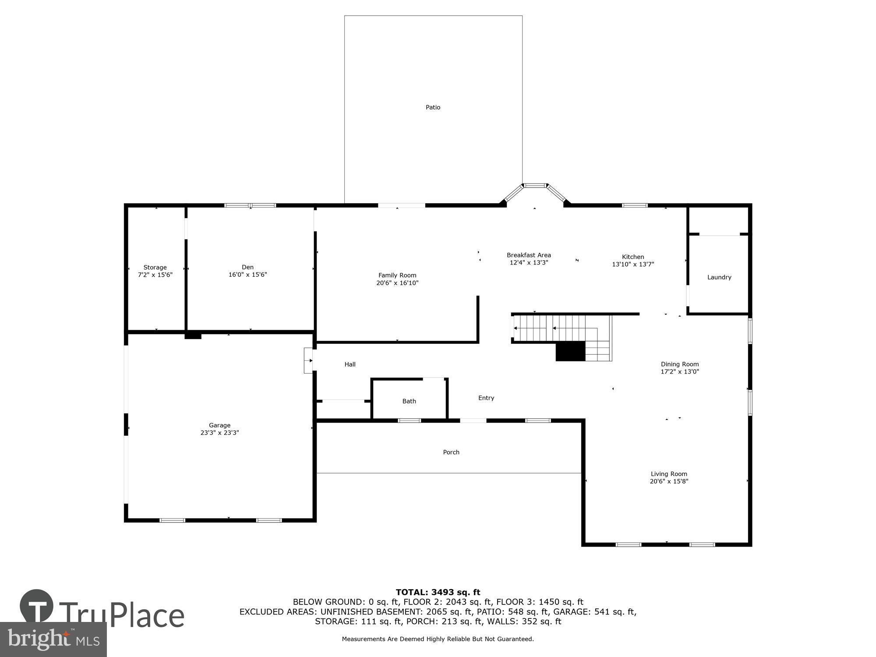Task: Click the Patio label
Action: click(433, 107)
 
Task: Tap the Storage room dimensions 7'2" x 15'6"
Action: click(155, 275)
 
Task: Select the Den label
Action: click(247, 267)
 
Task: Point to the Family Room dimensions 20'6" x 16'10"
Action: click(397, 283)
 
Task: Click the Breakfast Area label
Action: click(529, 255)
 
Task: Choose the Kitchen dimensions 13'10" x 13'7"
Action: click(633, 264)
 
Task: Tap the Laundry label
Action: click(719, 277)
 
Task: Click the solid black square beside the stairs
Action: click(570, 352)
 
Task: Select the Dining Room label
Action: click(680, 364)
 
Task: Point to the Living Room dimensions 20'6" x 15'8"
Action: click(669, 481)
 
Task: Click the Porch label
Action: click(451, 452)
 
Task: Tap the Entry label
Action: click(486, 398)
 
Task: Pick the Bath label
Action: click(409, 401)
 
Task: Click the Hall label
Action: click(350, 364)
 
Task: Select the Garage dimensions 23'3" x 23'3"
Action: click(219, 433)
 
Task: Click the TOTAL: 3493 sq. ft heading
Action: click(438, 592)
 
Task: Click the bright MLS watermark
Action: click(53, 639)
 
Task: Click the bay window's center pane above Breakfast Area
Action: click(535, 186)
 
